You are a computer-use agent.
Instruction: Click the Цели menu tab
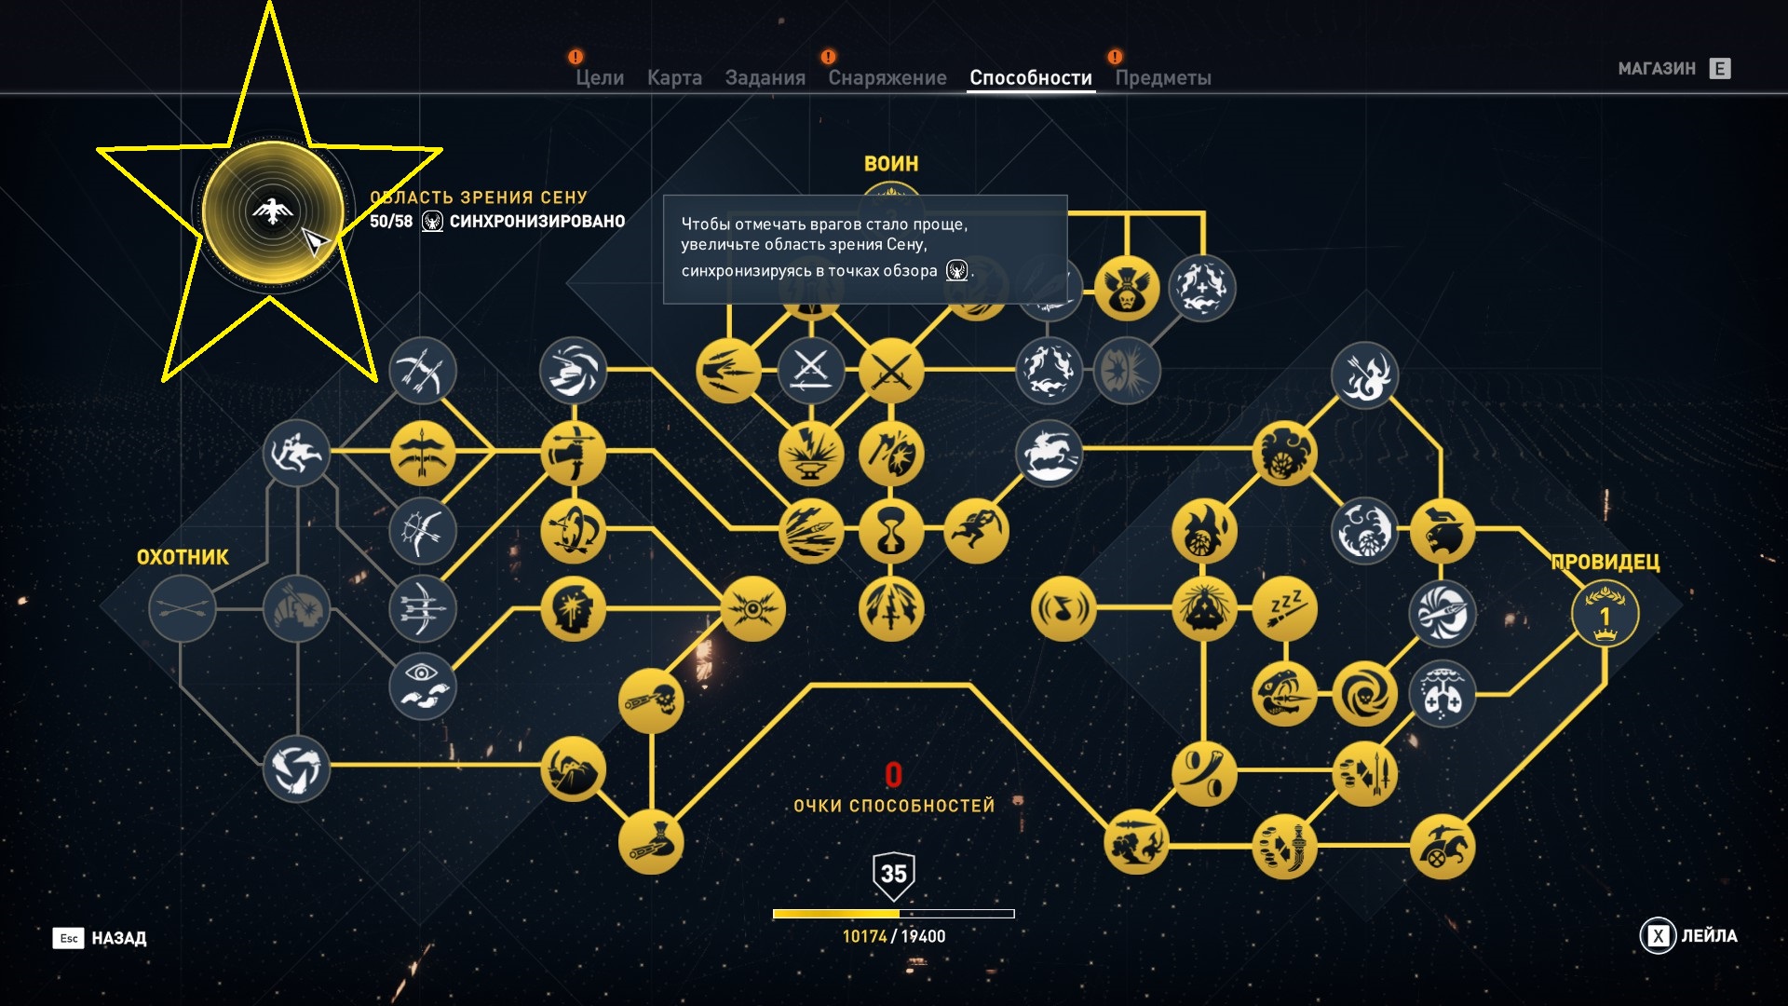pos(600,78)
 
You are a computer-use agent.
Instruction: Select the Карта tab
pos(674,78)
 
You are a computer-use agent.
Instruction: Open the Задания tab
pos(765,78)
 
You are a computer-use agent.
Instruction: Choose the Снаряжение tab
pos(887,78)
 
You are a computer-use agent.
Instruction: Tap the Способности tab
pos(1030,78)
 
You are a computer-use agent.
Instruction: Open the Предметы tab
pos(1162,78)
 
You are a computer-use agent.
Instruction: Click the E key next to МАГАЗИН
pos(1720,69)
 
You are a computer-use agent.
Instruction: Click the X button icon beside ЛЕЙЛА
pos(1658,936)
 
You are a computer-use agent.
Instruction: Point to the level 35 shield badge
pos(893,875)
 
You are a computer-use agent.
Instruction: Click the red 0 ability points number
pos(893,775)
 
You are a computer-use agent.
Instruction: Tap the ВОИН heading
pos(891,164)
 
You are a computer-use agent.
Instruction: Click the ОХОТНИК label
pos(183,557)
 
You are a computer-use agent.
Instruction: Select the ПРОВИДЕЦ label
pos(1605,562)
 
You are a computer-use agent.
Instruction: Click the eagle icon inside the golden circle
pos(272,211)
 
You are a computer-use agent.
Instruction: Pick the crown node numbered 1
pos(1605,615)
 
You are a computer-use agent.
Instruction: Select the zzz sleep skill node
pos(1284,610)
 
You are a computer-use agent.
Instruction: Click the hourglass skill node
pos(891,531)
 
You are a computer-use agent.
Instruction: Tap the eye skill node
pos(423,687)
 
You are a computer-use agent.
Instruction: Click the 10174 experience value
pos(864,936)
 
